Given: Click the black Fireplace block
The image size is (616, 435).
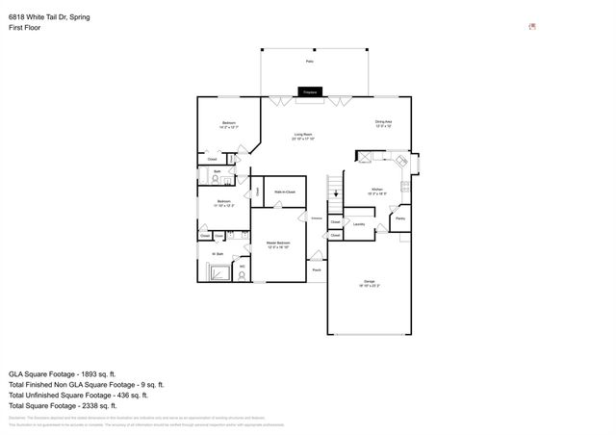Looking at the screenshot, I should tap(310, 91).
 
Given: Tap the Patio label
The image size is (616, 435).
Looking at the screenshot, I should tap(310, 61).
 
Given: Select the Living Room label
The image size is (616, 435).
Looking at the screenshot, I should tap(306, 137).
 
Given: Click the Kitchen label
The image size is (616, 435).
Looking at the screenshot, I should tap(377, 192).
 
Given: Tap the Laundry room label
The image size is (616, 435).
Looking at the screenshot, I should tap(358, 224).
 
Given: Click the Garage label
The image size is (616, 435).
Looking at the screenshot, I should tap(370, 283).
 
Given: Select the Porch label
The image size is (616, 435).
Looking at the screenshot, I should tap(316, 270).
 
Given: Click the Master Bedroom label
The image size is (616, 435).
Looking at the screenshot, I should tap(278, 244).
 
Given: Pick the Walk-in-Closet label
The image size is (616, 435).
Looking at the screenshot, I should tap(284, 192).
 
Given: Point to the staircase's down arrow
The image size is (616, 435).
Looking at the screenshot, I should tap(336, 195).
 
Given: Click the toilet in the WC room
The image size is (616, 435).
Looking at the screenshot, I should tap(242, 272).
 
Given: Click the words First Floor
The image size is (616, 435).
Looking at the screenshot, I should tap(24, 28).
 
